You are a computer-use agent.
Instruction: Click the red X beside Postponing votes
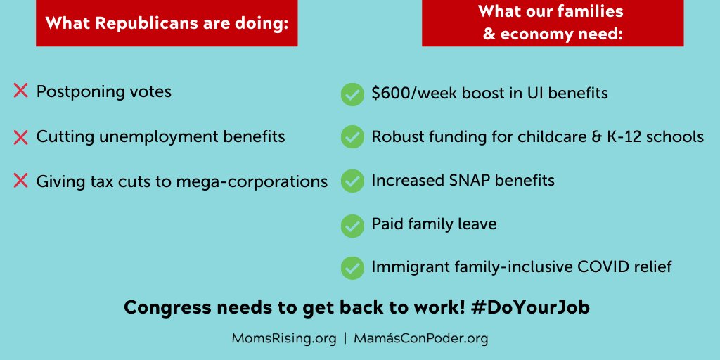20,91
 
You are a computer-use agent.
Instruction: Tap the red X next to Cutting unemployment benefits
20,136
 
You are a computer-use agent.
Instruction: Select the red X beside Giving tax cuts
20,181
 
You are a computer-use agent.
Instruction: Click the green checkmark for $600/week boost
352,94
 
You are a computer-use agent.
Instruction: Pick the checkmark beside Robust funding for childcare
352,137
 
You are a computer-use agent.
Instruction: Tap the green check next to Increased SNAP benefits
352,181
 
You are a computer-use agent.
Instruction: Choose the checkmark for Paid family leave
352,225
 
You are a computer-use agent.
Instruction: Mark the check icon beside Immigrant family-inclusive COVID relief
352,268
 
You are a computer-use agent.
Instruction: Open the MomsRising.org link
284,338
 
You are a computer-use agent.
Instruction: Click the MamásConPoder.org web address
420,338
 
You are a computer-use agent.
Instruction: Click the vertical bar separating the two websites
345,339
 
